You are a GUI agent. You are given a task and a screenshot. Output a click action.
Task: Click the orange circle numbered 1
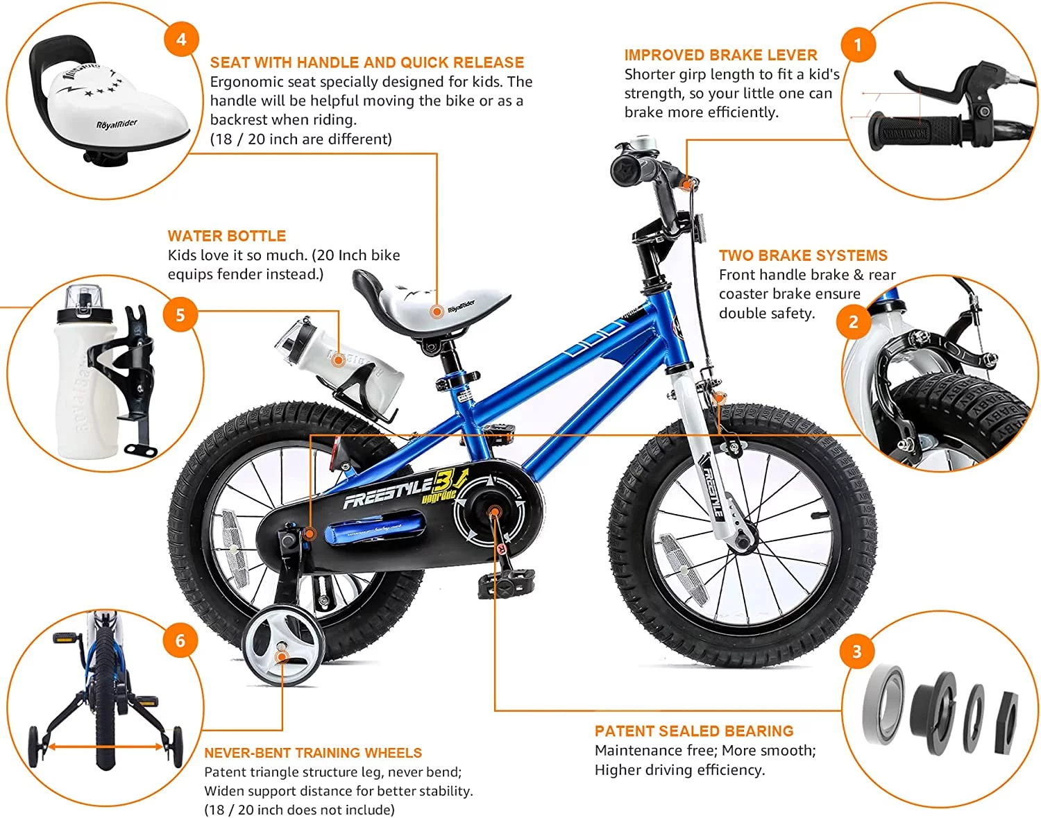click(x=858, y=45)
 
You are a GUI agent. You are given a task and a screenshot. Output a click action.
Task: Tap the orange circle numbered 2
click(x=854, y=321)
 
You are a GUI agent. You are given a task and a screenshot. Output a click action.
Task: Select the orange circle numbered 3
click(x=857, y=651)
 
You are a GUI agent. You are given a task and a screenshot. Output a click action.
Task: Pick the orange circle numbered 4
click(x=181, y=39)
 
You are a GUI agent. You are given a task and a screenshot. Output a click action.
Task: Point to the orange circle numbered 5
click(x=180, y=315)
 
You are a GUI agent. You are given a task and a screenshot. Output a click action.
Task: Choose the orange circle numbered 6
click(x=180, y=640)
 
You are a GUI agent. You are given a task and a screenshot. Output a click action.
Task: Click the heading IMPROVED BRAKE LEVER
click(x=720, y=55)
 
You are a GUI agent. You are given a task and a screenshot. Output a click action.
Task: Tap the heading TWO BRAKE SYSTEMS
click(x=803, y=255)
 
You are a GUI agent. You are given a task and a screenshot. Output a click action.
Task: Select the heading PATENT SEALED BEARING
click(x=694, y=731)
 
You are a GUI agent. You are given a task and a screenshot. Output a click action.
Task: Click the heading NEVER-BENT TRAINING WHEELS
click(x=313, y=753)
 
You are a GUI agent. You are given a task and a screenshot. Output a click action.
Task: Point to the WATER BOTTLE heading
click(x=227, y=236)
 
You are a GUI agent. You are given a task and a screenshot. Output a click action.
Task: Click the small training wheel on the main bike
click(x=283, y=645)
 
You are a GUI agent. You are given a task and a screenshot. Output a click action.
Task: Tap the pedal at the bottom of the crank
click(x=506, y=583)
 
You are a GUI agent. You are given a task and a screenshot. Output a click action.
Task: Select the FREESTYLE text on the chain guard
click(x=389, y=492)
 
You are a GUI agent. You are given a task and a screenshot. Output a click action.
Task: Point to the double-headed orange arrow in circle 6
click(x=105, y=747)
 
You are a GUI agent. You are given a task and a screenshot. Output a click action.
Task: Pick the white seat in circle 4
click(x=115, y=111)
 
